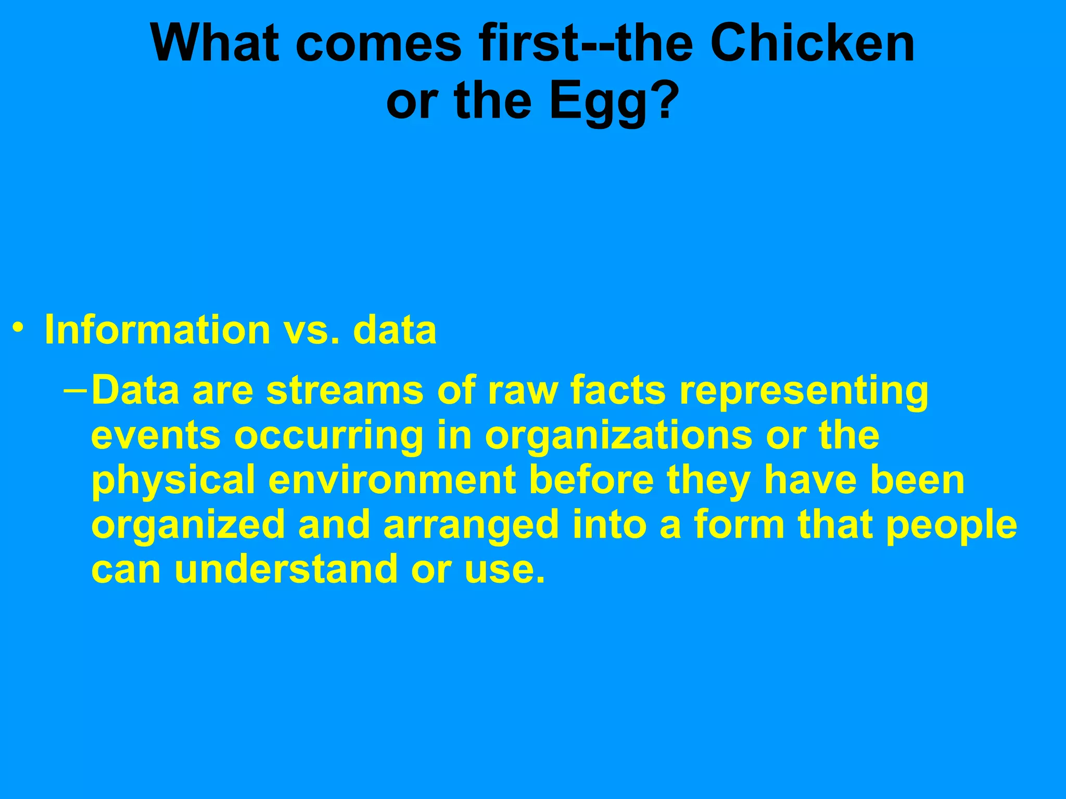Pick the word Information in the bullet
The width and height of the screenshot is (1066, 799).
tap(157, 330)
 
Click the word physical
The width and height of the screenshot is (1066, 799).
tap(173, 482)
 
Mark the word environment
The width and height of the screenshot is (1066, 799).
tap(392, 481)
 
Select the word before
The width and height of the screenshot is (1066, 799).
tap(591, 481)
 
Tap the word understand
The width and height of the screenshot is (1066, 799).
tap(286, 569)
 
